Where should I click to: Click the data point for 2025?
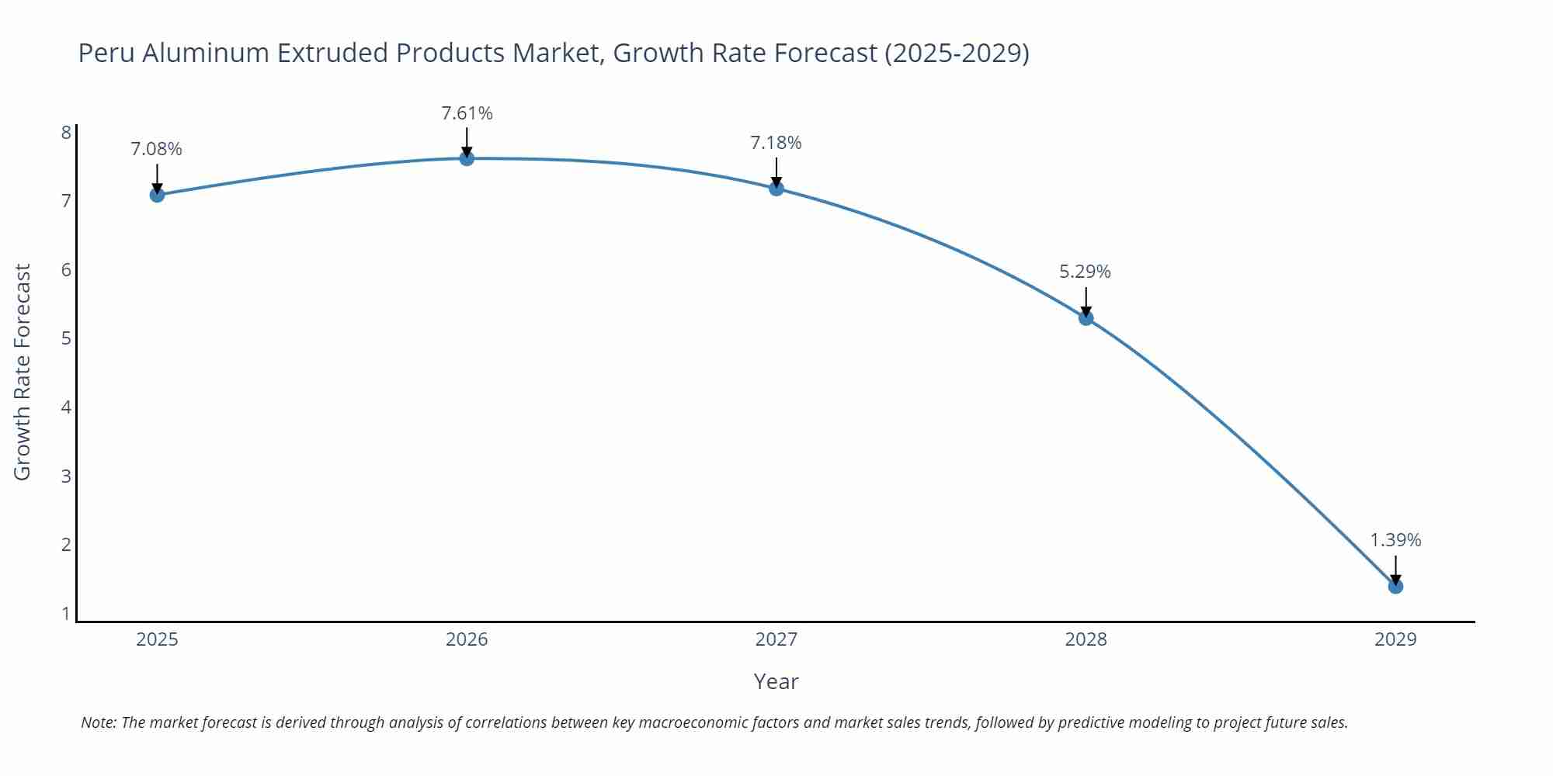[157, 195]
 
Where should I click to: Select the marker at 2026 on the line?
[467, 158]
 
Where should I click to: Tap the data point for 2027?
[776, 188]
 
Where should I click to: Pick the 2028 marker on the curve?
[1086, 317]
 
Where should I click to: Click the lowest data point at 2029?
[1395, 586]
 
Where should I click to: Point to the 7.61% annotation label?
[467, 113]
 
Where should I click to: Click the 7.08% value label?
[156, 149]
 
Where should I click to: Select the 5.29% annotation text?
[1085, 272]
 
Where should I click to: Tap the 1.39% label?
[1395, 540]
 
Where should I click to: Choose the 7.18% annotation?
[776, 143]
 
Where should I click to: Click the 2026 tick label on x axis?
[467, 639]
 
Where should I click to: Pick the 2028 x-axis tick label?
[1086, 639]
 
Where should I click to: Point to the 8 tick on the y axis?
[66, 132]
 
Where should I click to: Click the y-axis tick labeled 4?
[66, 407]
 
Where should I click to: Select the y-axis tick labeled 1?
[66, 613]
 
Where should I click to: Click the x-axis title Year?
[776, 681]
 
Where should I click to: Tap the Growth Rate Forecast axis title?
[23, 372]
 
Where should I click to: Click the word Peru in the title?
[106, 53]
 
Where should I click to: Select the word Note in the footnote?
[98, 722]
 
